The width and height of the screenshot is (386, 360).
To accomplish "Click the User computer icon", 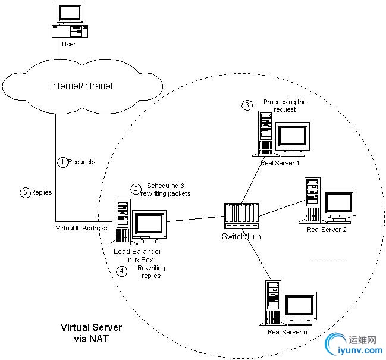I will (x=73, y=19).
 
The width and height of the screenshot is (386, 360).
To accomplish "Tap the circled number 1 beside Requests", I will (x=62, y=161).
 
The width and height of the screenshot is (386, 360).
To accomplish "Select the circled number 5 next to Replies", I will (x=24, y=192).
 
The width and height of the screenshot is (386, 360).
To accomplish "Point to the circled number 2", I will (x=136, y=189).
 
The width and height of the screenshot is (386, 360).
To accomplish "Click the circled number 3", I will (x=247, y=105).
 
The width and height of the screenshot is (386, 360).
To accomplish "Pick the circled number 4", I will (x=122, y=271).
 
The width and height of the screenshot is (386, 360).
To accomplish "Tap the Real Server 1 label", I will (x=280, y=162).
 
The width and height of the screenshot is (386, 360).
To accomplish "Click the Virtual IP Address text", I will (x=81, y=228).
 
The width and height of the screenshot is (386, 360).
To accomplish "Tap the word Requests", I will (x=81, y=162).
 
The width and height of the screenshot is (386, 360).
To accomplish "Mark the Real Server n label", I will (x=287, y=331).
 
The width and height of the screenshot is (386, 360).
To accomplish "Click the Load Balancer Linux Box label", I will (x=137, y=256).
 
